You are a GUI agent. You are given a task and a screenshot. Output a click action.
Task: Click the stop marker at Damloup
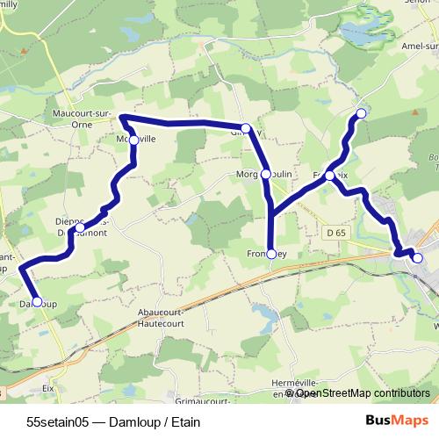37,302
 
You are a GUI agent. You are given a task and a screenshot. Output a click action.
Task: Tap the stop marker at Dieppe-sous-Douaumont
80,228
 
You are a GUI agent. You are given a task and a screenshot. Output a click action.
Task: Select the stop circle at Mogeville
133,140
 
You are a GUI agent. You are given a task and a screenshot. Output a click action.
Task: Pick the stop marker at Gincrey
246,129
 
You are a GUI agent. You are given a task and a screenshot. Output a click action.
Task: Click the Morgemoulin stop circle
266,175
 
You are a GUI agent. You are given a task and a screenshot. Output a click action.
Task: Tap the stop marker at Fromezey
271,255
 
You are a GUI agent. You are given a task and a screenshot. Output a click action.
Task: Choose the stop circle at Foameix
330,176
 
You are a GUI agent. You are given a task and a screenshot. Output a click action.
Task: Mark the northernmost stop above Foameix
360,113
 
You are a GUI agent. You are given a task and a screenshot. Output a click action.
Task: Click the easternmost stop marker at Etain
417,258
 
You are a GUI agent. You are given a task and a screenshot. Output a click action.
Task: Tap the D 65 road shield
334,233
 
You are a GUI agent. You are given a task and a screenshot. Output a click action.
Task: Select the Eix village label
49,386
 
